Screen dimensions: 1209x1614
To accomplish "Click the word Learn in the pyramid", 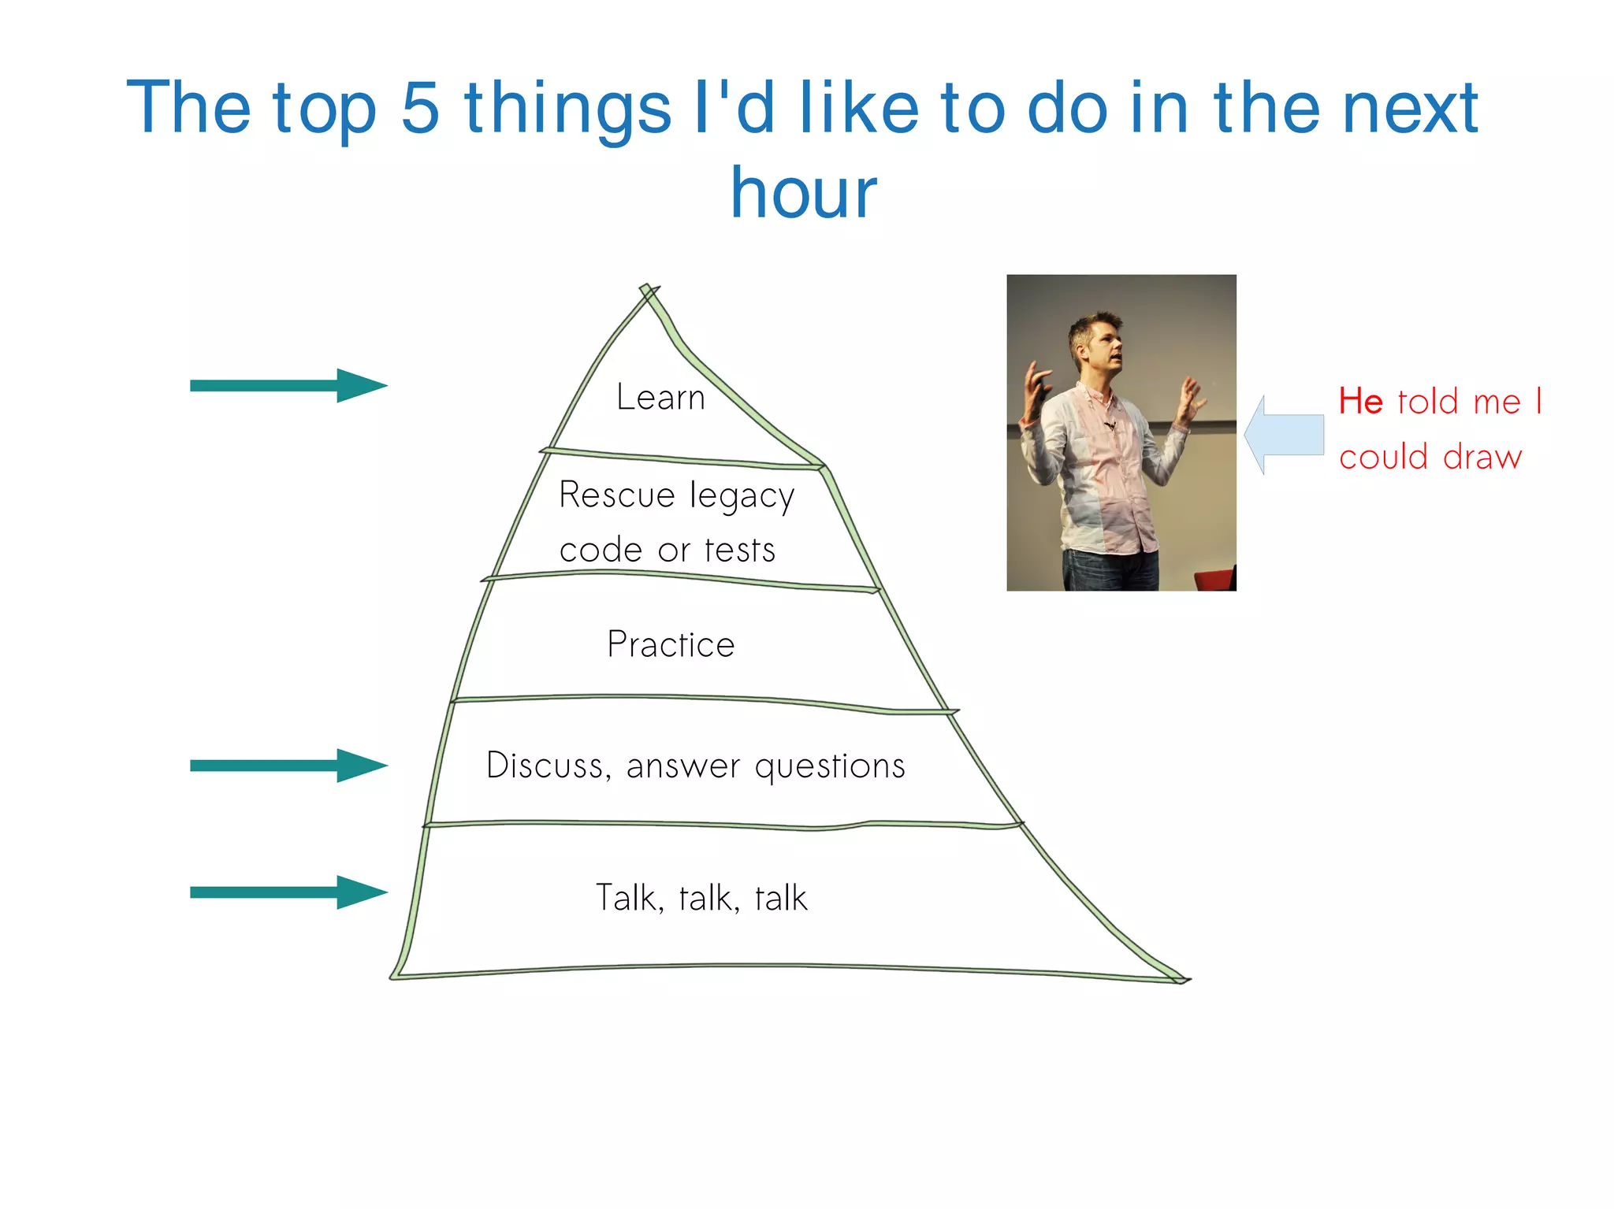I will coord(660,397).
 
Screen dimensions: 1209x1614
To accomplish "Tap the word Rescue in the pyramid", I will coord(617,495).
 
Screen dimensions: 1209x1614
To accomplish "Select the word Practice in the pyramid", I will coord(671,644).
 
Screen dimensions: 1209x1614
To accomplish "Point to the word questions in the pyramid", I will coord(830,766).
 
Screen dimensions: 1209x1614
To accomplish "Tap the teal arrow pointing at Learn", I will coord(288,385).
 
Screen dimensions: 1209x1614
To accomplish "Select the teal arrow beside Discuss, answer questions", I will coord(288,765).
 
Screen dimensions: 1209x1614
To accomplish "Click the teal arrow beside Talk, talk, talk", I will coord(288,892).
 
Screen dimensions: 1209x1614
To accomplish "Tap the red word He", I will coord(1361,402).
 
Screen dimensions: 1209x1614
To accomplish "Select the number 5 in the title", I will coord(419,108).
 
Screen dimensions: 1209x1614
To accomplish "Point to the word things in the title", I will coord(567,110).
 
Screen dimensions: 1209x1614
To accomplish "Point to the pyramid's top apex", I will coord(647,290).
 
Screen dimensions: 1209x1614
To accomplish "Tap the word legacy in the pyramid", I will coord(742,497).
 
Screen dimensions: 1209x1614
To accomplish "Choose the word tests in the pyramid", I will coord(740,550).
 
